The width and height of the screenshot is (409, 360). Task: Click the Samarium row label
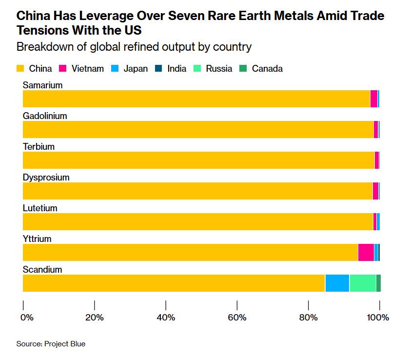(x=43, y=85)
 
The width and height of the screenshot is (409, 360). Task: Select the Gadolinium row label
(x=45, y=116)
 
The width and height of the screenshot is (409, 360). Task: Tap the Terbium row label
(x=39, y=147)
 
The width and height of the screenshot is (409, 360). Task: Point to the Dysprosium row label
(x=46, y=178)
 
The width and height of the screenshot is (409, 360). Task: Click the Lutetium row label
(x=40, y=208)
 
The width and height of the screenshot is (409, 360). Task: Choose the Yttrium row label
(x=37, y=239)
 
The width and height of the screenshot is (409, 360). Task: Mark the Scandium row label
(x=42, y=270)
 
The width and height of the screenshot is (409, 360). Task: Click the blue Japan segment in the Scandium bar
(x=337, y=283)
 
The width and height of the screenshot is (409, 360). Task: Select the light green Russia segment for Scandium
(x=362, y=283)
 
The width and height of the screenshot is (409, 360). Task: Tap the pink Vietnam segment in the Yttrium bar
(x=366, y=252)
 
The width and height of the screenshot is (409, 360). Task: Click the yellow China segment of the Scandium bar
(x=174, y=283)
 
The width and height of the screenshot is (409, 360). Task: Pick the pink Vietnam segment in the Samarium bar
(x=373, y=99)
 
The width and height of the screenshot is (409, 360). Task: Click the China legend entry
(x=35, y=69)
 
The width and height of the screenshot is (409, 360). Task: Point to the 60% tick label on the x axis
(x=237, y=318)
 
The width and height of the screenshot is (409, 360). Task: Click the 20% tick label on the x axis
(x=94, y=318)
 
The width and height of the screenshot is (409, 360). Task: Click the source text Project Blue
(x=51, y=344)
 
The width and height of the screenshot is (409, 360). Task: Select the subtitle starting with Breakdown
(x=134, y=47)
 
